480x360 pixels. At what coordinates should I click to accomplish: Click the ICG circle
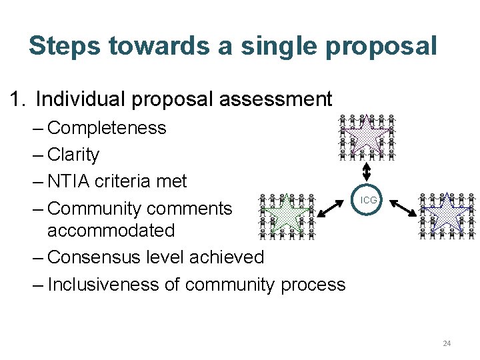coord(368,200)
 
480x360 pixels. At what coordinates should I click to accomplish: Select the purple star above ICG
coord(366,134)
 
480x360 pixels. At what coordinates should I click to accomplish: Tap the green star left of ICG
coord(286,214)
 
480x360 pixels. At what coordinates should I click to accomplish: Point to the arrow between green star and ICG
coord(335,207)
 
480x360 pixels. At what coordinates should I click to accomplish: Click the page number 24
coord(447,343)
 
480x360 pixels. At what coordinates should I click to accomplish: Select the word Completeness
coord(107,128)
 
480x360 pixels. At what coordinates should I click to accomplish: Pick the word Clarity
coord(73,155)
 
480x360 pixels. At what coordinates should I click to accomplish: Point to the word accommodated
coord(111,231)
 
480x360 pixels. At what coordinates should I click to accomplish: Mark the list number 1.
coord(16,100)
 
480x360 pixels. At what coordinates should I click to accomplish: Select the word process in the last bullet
coord(313,285)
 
